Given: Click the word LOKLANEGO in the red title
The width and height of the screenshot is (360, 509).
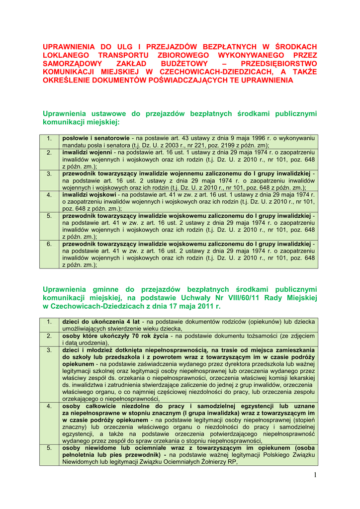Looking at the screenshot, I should [66, 55].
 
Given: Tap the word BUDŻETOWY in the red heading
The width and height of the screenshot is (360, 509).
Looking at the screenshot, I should [182, 63].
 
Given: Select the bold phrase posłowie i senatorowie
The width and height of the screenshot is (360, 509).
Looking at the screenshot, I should [96, 137].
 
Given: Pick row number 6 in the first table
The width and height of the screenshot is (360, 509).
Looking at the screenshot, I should [49, 244].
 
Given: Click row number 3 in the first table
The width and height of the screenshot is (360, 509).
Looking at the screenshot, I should [49, 173].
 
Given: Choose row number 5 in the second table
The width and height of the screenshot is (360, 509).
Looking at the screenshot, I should [49, 448].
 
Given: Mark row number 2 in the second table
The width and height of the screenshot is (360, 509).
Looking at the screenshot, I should [49, 336].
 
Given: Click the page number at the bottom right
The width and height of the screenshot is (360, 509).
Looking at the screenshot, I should [315, 476].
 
